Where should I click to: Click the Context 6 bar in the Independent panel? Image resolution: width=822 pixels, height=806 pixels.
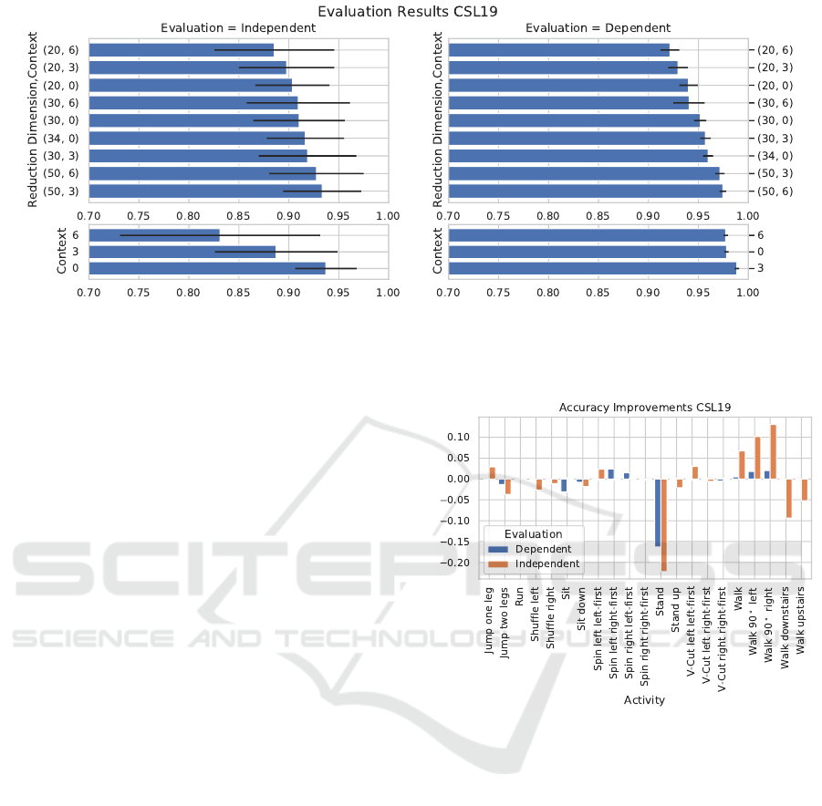(x=154, y=234)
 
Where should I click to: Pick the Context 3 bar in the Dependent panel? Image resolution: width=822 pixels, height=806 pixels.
(x=592, y=268)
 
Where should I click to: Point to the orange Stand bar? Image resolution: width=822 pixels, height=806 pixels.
(x=664, y=525)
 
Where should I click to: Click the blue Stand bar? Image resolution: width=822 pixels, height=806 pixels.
(x=658, y=512)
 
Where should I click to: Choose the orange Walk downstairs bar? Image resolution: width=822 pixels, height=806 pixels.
(x=788, y=498)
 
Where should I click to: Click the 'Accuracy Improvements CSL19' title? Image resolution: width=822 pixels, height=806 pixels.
(x=645, y=408)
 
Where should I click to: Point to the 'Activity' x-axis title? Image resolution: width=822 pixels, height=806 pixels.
(x=644, y=700)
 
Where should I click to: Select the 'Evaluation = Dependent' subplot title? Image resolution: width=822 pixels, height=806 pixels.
(x=598, y=28)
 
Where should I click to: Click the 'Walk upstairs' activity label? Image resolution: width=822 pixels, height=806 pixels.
(x=802, y=618)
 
